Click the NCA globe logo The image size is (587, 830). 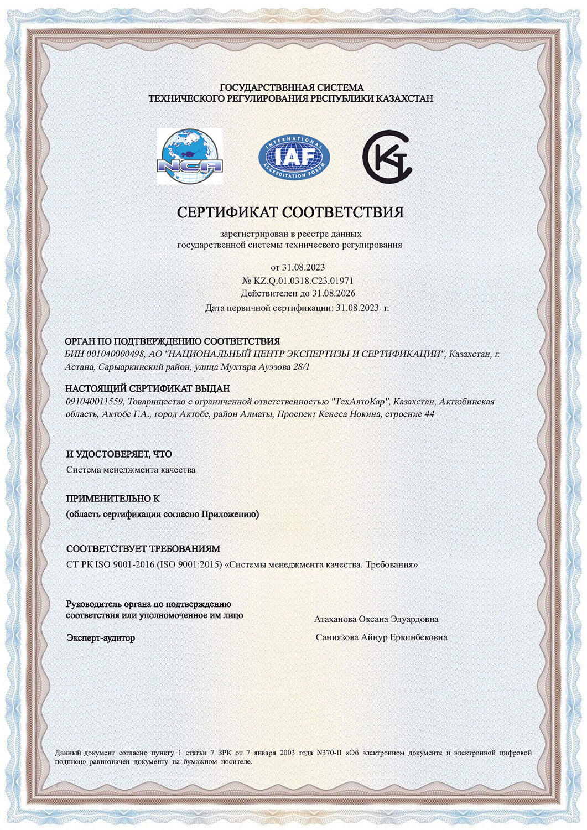coord(189,157)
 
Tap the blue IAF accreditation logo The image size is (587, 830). coord(294,157)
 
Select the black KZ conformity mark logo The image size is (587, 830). coord(387,157)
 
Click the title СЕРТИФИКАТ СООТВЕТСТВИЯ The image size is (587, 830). coord(290,212)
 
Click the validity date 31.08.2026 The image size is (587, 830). coord(334,294)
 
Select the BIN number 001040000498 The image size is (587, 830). coord(113,354)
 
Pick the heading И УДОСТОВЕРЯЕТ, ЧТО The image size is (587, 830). coord(119,454)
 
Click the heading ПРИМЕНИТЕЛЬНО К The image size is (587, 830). coord(113,499)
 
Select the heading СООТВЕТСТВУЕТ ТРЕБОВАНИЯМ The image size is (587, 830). coord(143,549)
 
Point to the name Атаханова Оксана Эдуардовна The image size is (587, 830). coord(376,619)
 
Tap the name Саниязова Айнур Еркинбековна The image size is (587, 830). coord(381,637)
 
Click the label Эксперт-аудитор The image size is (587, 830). coord(101,638)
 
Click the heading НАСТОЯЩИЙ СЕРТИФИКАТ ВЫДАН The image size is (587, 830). coord(147,388)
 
